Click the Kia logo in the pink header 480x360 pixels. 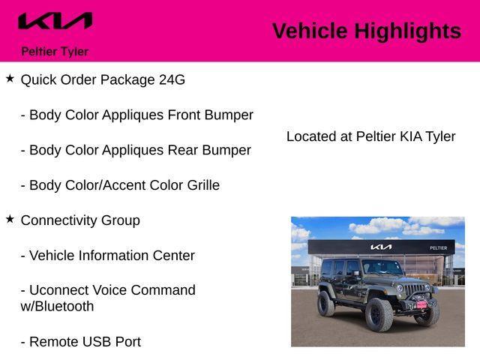click(55, 22)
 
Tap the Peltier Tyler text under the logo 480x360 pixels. click(55, 52)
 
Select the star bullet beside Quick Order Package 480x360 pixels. click(10, 79)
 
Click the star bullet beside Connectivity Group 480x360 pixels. click(10, 219)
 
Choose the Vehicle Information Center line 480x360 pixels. click(107, 256)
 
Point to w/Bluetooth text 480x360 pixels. click(57, 307)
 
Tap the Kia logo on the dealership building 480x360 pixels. click(380, 247)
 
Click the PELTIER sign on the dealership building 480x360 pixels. click(439, 247)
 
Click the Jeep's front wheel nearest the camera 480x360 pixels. click(379, 314)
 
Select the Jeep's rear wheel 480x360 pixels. click(326, 303)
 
